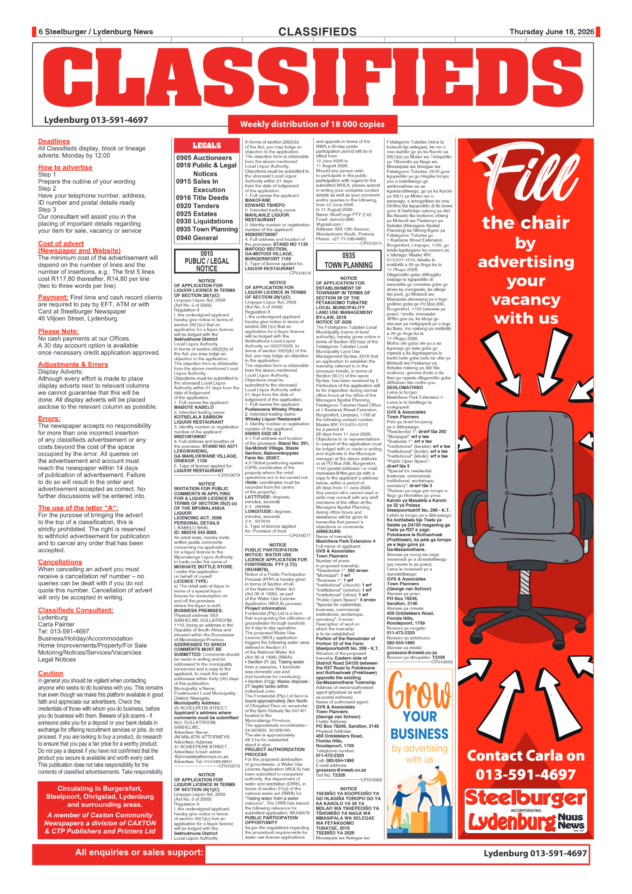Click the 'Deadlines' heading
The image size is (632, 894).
point(54,141)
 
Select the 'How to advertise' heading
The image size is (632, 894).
point(65,167)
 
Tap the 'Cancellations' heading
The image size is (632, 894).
point(60,562)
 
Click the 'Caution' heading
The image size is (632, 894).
point(51,673)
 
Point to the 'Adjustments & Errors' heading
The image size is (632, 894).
point(73,364)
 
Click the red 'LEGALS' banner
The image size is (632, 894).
point(207,146)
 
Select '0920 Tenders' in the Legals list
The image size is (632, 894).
point(198,206)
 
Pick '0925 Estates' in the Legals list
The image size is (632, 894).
point(197,214)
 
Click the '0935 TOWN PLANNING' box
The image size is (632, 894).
point(349,260)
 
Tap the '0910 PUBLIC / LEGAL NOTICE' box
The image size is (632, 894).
point(207,261)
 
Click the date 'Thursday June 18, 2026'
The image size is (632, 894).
point(552,32)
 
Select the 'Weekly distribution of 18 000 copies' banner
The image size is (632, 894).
point(312,124)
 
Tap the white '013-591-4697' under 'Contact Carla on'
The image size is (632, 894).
point(526,774)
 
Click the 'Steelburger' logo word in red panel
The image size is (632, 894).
point(525,798)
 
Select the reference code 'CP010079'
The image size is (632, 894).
point(229,475)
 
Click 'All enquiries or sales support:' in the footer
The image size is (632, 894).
point(139,852)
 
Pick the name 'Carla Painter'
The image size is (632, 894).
point(56,624)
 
